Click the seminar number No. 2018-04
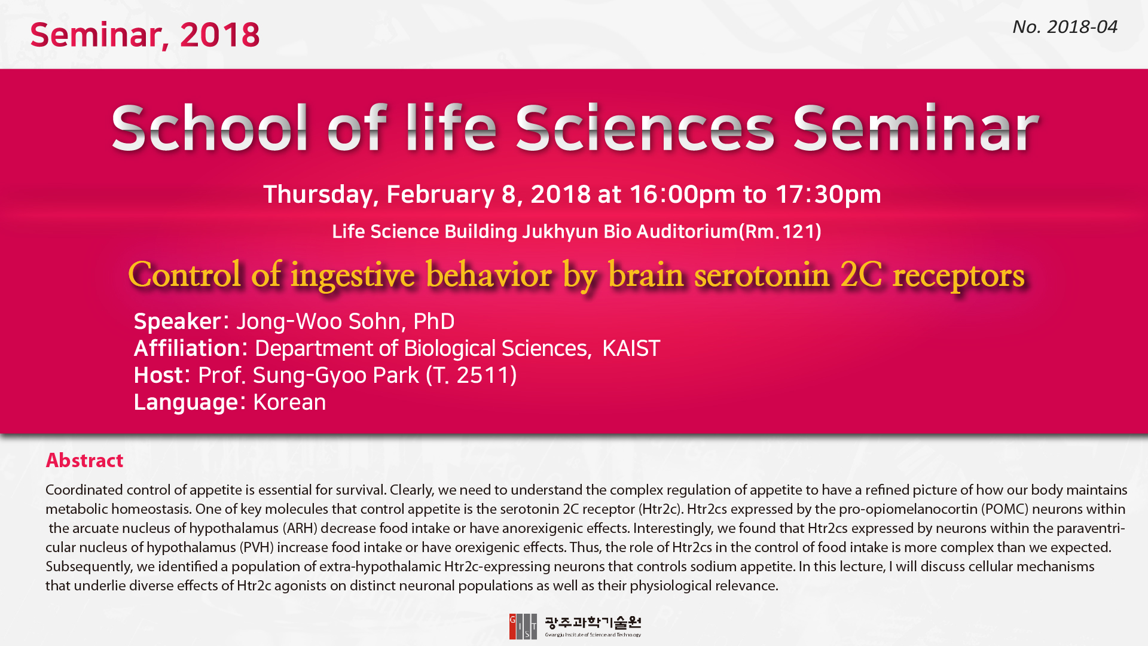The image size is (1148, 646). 1064,27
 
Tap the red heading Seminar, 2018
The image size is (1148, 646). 145,35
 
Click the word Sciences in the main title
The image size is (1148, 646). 645,128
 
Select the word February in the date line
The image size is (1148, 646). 440,194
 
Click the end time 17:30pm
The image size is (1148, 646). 828,194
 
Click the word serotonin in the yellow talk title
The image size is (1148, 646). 762,275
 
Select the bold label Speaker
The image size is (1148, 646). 178,322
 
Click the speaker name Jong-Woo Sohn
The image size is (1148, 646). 318,322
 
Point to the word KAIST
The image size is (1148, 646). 631,348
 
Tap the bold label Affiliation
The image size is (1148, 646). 187,348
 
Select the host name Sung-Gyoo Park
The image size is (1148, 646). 335,376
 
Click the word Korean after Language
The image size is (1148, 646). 289,402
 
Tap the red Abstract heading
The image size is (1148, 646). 84,461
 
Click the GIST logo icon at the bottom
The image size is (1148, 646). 523,626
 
